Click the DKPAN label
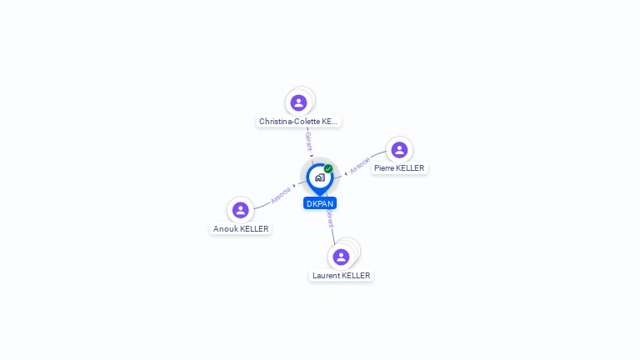coord(320,203)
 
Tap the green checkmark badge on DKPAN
coord(328,169)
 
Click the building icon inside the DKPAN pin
coord(319,177)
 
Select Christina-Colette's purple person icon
coord(298,102)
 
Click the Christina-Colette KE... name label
coord(298,122)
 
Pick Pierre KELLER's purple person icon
coord(399,150)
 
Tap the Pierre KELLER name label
coord(399,168)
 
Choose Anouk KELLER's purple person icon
coord(241,210)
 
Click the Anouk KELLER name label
coord(241,228)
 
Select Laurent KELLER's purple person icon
coord(341,257)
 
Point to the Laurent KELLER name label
coord(341,276)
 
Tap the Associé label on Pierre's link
coord(360,166)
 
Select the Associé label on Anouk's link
coord(281,195)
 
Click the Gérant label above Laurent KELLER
coord(330,219)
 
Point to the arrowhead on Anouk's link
coord(294,186)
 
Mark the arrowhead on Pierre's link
coord(346,173)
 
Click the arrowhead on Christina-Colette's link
coord(312,155)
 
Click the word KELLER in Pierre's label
coord(411,168)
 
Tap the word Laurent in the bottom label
coord(327,276)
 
